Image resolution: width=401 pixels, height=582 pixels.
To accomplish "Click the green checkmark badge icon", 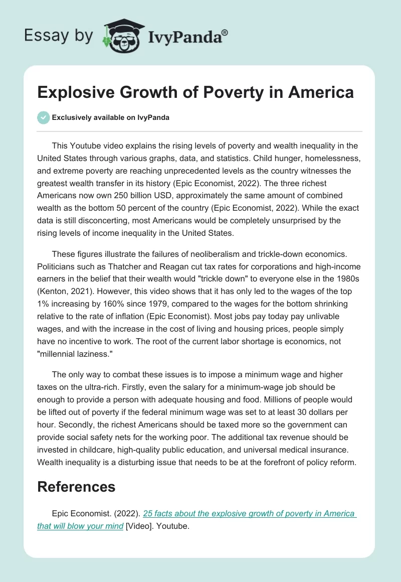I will pos(43,117).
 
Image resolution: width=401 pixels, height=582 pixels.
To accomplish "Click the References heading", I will pos(76,486).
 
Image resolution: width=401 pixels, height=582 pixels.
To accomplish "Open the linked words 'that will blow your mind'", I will pos(80,526).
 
